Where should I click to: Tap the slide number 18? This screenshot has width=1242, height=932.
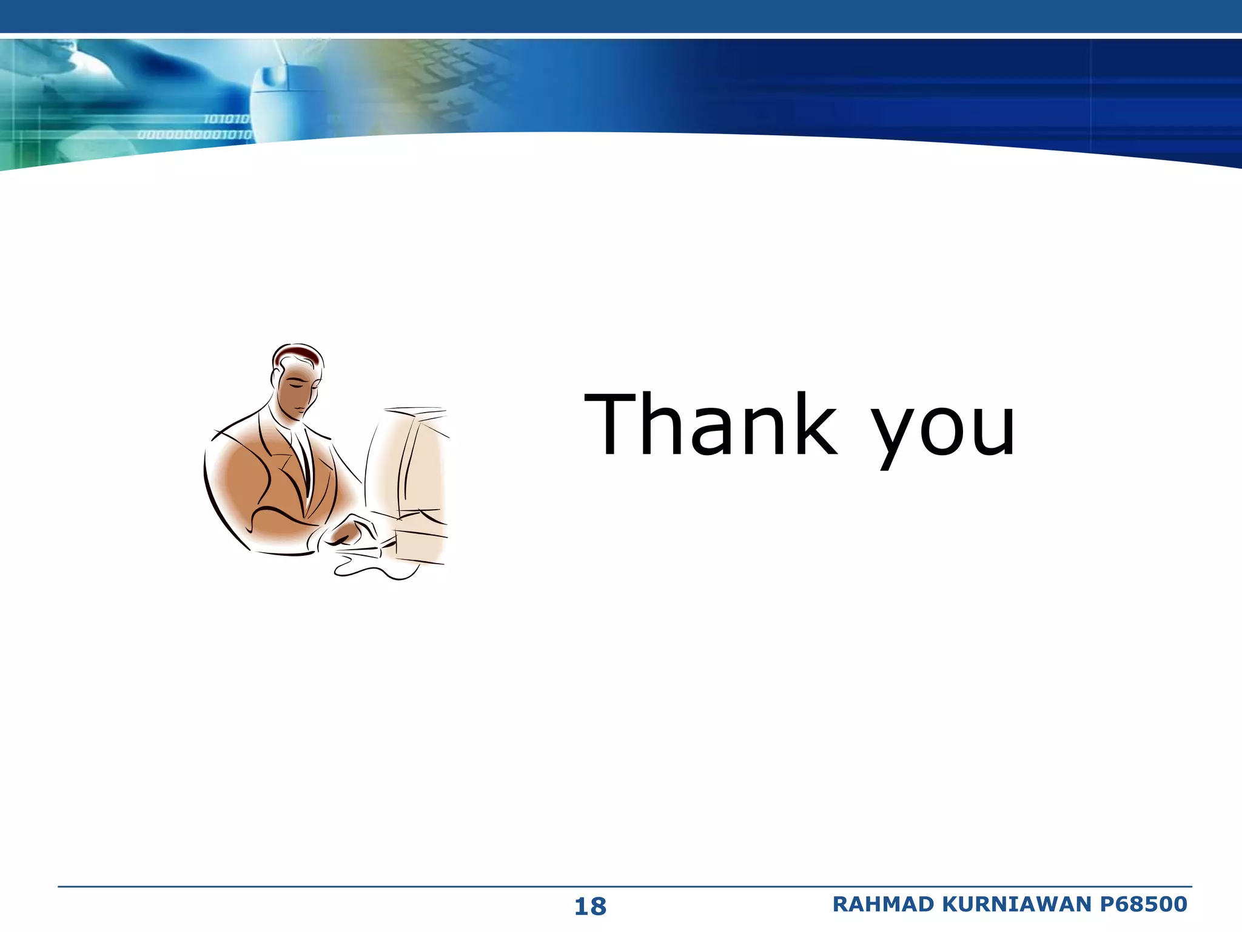[589, 907]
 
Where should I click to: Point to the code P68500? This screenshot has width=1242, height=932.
[1143, 904]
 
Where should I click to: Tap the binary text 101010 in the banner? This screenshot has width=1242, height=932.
[226, 119]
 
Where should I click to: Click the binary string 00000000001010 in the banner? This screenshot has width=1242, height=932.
[194, 135]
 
